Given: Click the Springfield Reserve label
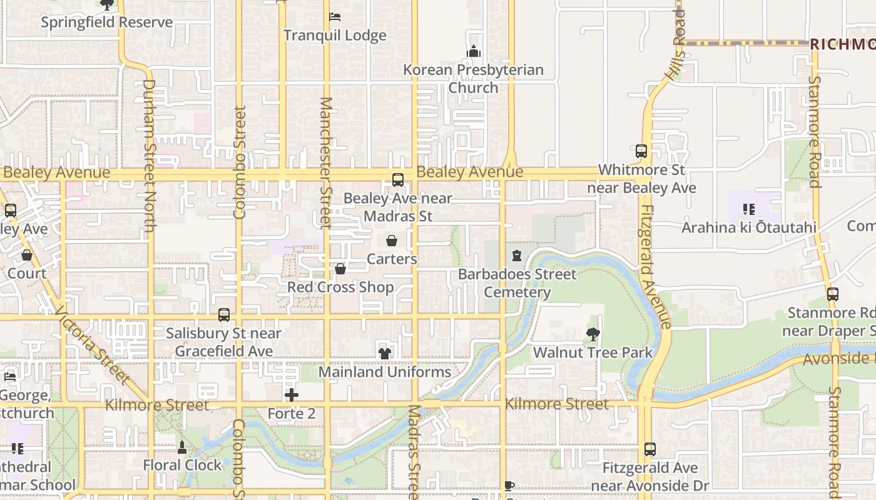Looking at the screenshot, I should point(106,22).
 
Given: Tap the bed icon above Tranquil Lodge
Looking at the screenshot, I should point(335,16).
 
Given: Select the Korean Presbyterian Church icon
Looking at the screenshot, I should point(474,51).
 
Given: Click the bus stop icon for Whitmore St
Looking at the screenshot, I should point(641,151).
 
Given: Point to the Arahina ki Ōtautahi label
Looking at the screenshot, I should point(748,227).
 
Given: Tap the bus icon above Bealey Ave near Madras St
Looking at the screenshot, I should point(397,180).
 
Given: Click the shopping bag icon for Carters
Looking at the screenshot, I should point(392,241).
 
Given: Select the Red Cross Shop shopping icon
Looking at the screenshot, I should point(340,269).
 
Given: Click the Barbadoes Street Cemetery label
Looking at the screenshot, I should point(517,283).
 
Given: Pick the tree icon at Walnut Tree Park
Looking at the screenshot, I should point(593,334).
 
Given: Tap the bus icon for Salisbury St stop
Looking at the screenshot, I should point(223,315).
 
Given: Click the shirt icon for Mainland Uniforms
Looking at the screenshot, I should point(384,353).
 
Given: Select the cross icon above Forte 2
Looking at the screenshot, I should point(291,395).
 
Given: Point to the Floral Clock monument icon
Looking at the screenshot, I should point(182,447).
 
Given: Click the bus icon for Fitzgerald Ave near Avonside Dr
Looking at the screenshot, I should point(649,449).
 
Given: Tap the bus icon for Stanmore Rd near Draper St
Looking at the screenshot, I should point(832,294).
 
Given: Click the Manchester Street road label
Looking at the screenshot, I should point(325,162).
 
